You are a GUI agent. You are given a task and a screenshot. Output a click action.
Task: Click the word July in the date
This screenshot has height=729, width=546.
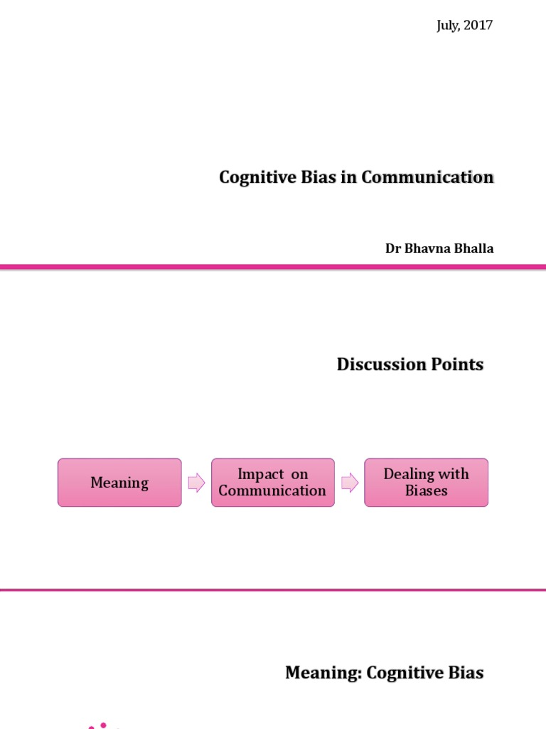click(x=448, y=26)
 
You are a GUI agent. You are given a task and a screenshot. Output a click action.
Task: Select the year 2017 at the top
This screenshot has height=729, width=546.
click(x=478, y=26)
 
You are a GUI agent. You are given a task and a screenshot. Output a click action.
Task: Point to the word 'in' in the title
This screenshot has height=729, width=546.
click(x=348, y=177)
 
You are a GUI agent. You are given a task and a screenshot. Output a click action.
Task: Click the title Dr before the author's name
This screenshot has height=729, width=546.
click(x=393, y=248)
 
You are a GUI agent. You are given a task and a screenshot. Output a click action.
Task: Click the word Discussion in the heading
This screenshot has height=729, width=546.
click(x=379, y=364)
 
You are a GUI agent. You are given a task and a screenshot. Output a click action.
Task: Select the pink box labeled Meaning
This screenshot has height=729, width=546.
click(x=119, y=483)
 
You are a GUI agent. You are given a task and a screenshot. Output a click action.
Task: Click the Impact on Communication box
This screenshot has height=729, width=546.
click(x=273, y=483)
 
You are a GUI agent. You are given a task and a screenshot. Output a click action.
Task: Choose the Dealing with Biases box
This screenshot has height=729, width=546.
click(x=427, y=483)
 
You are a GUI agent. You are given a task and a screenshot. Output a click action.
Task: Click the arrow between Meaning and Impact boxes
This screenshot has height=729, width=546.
click(x=196, y=483)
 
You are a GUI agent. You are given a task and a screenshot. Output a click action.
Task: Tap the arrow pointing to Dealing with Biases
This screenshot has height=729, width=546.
click(x=350, y=483)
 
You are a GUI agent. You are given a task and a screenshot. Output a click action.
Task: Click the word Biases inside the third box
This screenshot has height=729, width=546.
click(x=427, y=491)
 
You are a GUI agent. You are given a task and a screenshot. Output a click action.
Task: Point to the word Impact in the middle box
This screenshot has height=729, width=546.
click(x=260, y=475)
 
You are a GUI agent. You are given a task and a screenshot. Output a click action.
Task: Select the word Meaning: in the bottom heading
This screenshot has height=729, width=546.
click(x=323, y=673)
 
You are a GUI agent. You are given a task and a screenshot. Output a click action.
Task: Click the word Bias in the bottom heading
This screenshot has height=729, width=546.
click(x=465, y=673)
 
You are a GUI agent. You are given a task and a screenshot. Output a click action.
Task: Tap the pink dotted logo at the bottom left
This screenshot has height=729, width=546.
click(x=103, y=725)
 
